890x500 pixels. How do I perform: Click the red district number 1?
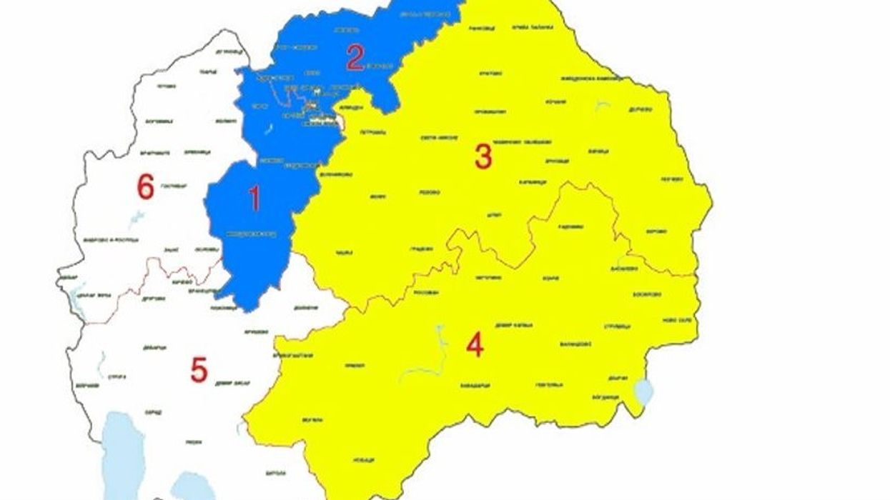(x=254, y=198)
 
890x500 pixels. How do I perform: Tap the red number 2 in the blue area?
(x=355, y=57)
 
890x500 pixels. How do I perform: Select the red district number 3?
(x=483, y=157)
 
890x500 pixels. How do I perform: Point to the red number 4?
(x=475, y=346)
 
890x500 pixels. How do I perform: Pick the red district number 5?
(x=199, y=370)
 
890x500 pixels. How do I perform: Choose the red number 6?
(x=145, y=188)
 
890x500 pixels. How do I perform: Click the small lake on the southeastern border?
(x=643, y=391)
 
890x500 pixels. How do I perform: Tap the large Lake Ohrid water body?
(x=123, y=450)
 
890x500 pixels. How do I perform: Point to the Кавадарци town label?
(x=475, y=385)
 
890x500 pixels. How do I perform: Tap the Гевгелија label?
(x=549, y=385)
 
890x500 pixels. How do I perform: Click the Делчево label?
(x=639, y=110)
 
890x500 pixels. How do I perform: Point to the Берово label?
(x=656, y=231)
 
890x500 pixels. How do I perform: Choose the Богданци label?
(x=605, y=397)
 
